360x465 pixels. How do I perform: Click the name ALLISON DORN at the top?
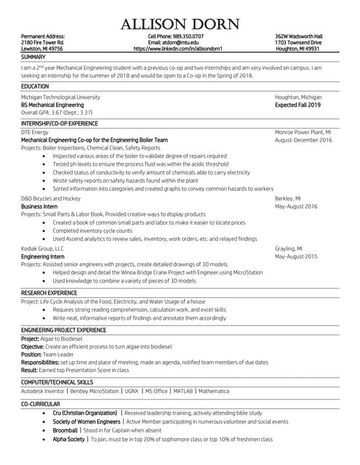tap(180, 23)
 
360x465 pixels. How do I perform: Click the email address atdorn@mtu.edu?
tap(179, 42)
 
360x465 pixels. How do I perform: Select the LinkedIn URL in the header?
tap(180, 49)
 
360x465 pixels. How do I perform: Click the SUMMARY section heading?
tap(33, 56)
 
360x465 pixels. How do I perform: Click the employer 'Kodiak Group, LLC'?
tap(43, 248)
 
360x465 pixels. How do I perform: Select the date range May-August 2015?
tap(296, 256)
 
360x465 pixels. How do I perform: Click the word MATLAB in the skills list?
tap(183, 391)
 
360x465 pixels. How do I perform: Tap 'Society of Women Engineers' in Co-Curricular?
tap(87, 421)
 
